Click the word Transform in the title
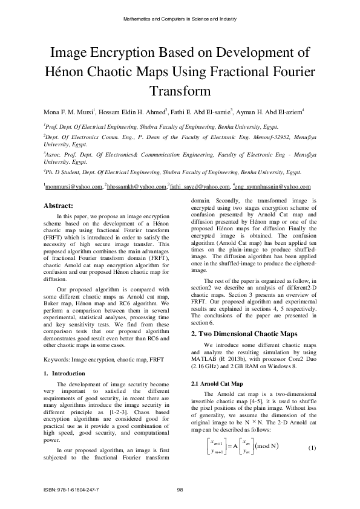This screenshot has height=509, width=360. [180, 92]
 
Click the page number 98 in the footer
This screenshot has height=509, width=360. [180, 489]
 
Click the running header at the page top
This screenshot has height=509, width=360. [180, 20]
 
